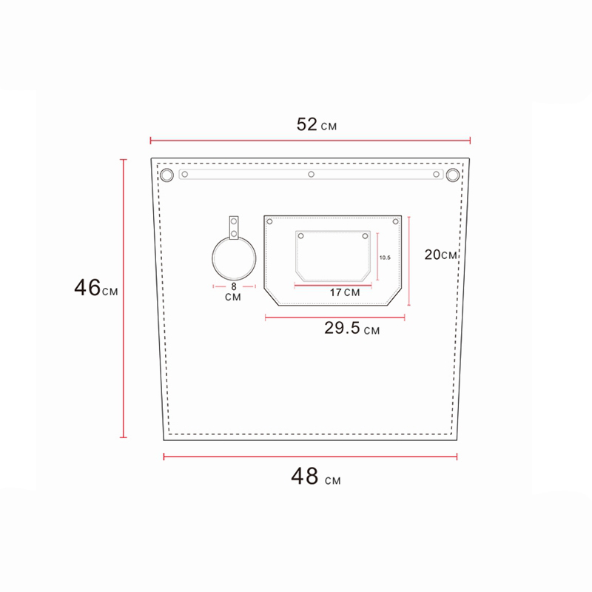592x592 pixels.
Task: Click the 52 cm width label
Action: (x=316, y=124)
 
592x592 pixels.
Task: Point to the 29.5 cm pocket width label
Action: (x=351, y=329)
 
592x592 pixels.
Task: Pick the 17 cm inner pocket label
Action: (x=344, y=292)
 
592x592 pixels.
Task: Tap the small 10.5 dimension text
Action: (x=384, y=258)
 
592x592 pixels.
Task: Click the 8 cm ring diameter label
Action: (x=234, y=291)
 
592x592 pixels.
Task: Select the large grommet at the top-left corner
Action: (x=166, y=175)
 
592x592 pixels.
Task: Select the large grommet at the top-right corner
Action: (x=453, y=175)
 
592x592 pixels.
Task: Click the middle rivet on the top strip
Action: (x=312, y=175)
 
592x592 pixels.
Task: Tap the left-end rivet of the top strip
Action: (x=186, y=175)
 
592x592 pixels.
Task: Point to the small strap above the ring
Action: (x=235, y=227)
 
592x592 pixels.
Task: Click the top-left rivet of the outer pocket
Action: (x=269, y=222)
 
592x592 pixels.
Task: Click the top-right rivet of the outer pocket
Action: (x=396, y=222)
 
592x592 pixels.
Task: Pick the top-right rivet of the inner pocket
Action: (x=364, y=236)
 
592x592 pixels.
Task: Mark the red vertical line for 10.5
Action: (x=377, y=258)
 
